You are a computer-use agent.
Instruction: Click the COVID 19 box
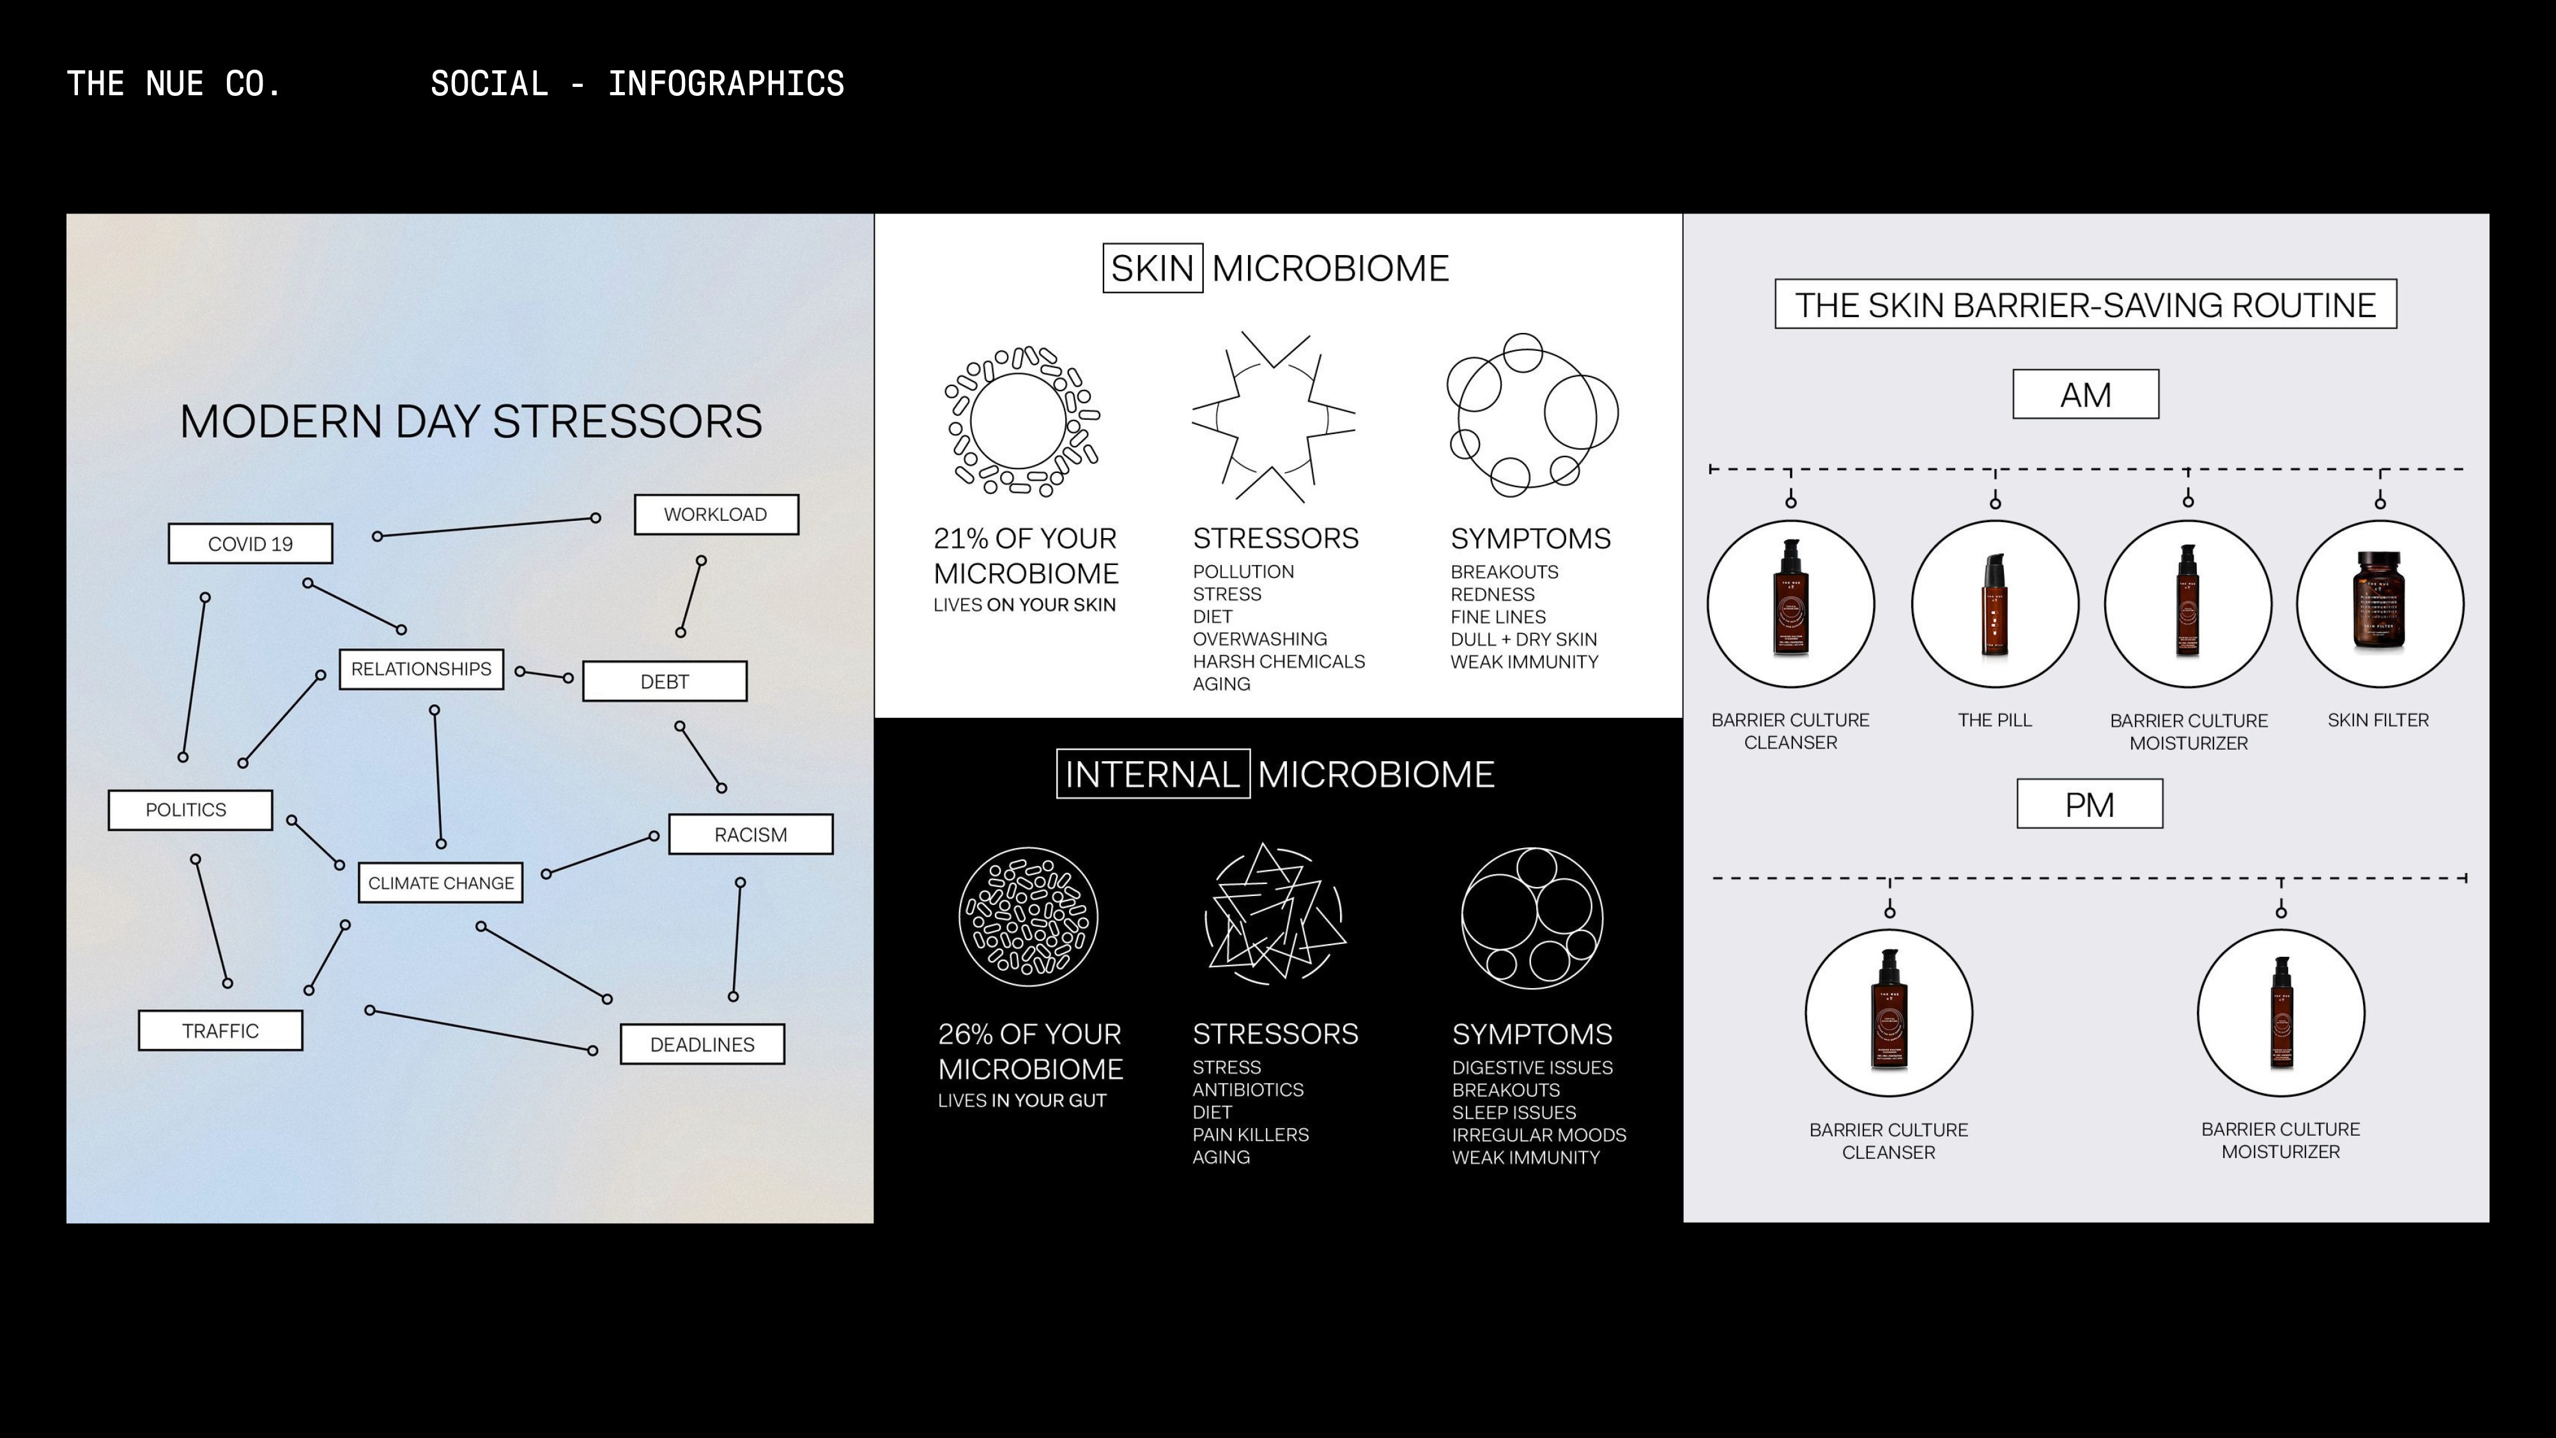coord(250,544)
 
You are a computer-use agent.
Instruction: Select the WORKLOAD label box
coord(716,514)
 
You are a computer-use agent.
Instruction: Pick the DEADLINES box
coord(702,1044)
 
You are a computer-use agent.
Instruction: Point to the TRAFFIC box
coord(220,1031)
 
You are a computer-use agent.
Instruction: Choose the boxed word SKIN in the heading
coord(1152,268)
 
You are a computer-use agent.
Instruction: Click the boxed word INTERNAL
coord(1152,774)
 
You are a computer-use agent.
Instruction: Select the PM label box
coord(2089,804)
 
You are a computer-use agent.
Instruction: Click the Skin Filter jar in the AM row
coord(2378,603)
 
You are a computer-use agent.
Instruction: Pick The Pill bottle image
coord(1994,603)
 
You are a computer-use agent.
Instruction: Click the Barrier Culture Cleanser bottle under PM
coord(1888,1012)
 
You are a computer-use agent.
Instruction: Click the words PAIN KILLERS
coord(1251,1134)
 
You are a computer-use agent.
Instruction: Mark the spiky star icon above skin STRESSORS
coord(1273,417)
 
